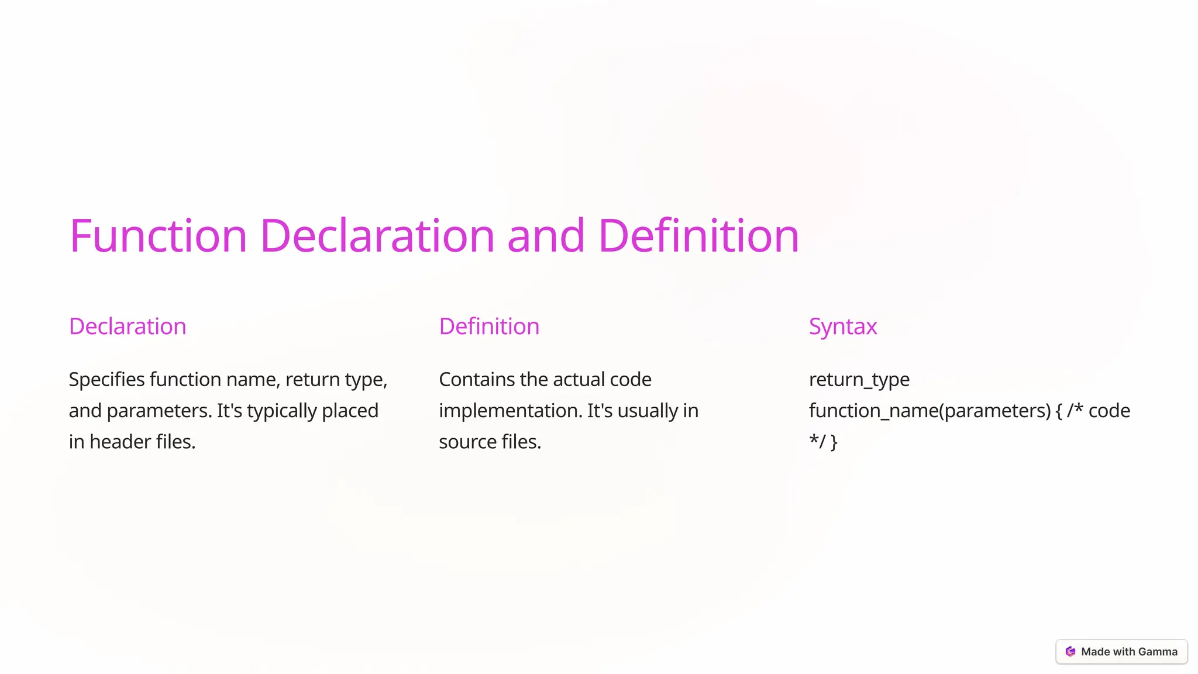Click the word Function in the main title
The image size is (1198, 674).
point(158,236)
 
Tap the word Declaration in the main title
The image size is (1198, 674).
point(377,236)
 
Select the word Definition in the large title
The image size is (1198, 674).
point(698,236)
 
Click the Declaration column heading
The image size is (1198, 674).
point(128,326)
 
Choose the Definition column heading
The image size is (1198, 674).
point(489,326)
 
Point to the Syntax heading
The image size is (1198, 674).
point(843,326)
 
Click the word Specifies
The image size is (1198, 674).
point(106,380)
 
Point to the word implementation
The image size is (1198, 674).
point(510,411)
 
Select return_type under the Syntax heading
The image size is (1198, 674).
point(859,380)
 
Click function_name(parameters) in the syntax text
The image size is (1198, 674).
point(930,411)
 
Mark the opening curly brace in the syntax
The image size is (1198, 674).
point(1059,411)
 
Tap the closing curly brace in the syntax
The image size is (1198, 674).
point(834,442)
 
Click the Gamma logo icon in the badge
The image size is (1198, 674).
point(1070,652)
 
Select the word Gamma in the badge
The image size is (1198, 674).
point(1158,652)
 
